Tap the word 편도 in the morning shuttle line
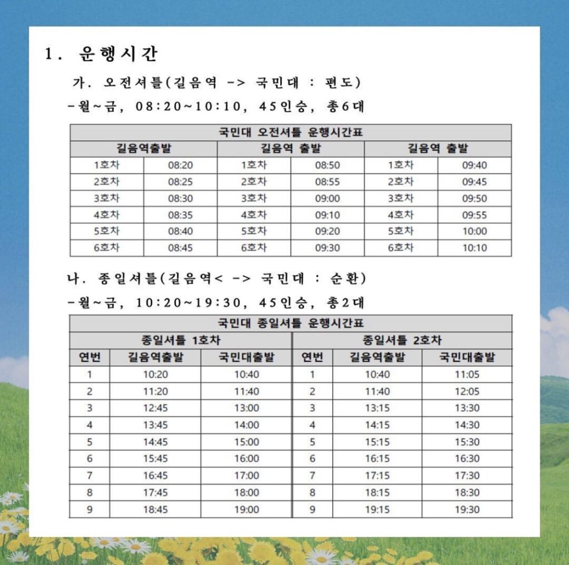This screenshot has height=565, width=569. pyautogui.click(x=342, y=83)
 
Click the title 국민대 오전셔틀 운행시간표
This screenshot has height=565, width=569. pyautogui.click(x=291, y=133)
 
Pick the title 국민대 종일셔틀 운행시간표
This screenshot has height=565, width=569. pyautogui.click(x=291, y=324)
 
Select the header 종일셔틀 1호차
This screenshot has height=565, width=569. pyautogui.click(x=180, y=340)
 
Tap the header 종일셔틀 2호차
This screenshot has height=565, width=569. pyautogui.click(x=402, y=340)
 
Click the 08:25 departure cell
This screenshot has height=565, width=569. pyautogui.click(x=180, y=181)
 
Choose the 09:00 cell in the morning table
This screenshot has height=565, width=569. pyautogui.click(x=327, y=198)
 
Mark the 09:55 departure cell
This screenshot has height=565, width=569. pyautogui.click(x=474, y=215)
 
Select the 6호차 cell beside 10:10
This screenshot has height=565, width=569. pyautogui.click(x=401, y=248)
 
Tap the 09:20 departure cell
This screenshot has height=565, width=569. pyautogui.click(x=327, y=231)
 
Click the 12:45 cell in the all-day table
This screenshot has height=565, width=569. pyautogui.click(x=155, y=408)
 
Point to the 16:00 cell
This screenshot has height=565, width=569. pyautogui.click(x=246, y=458)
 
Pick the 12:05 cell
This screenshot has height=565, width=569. pyautogui.click(x=467, y=391)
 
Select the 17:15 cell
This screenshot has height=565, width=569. pyautogui.click(x=377, y=476)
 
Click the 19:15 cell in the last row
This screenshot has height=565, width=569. pyautogui.click(x=377, y=509)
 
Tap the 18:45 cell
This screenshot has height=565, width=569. pyautogui.click(x=155, y=509)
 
